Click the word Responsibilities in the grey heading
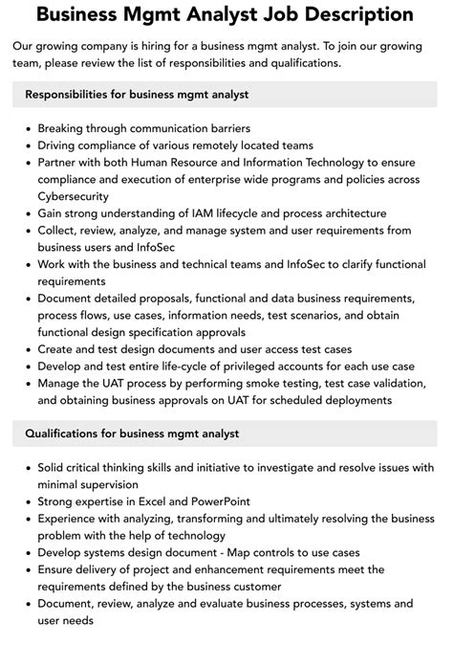pyautogui.click(x=74, y=94)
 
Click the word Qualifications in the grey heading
pyautogui.click(x=65, y=434)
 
